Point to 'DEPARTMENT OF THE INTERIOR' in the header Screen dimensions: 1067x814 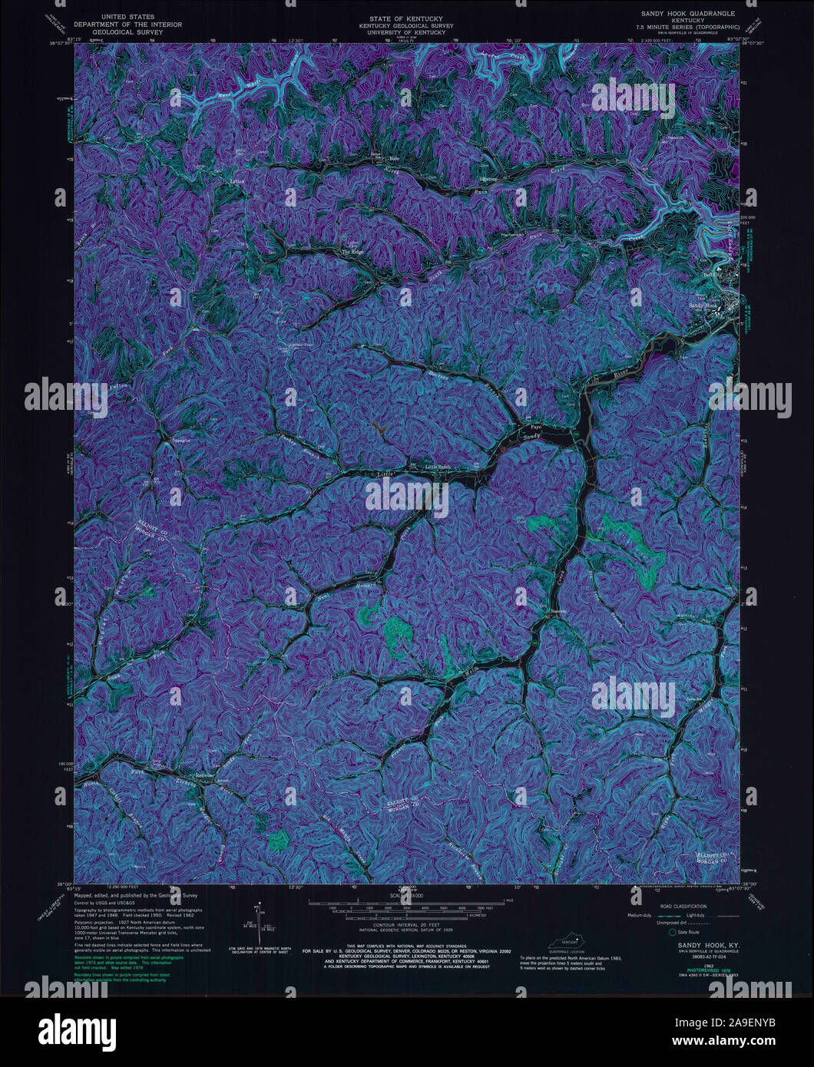coord(134,25)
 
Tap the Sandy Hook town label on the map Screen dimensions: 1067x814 coord(701,305)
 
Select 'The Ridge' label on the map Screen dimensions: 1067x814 coord(352,251)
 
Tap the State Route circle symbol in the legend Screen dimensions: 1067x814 coord(672,932)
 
